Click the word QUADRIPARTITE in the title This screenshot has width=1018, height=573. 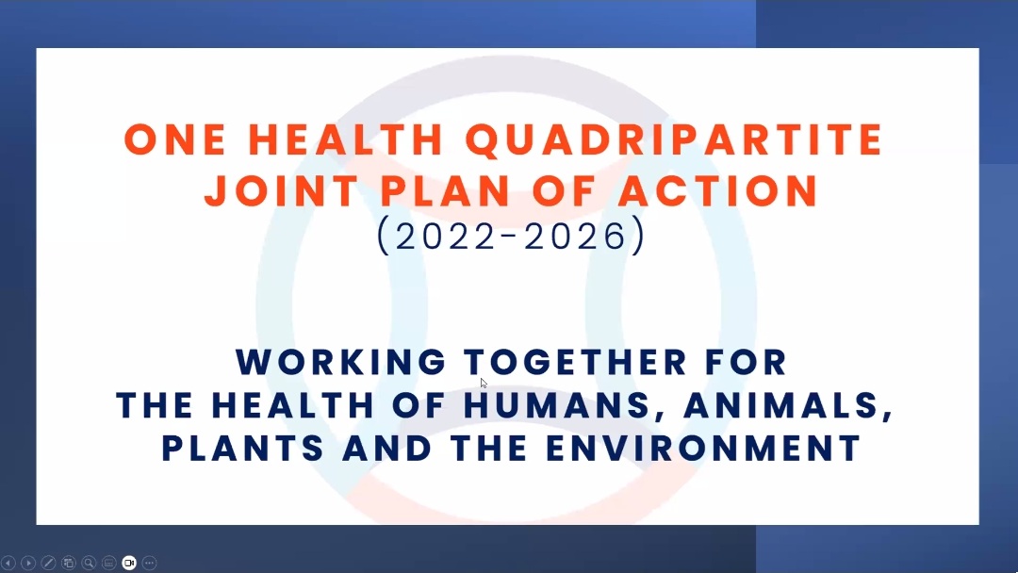(675, 140)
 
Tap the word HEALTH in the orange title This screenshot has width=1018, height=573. (346, 139)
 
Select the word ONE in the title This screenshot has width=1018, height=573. (175, 139)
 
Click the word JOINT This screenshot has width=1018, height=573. (282, 190)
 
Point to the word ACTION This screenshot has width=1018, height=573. (718, 190)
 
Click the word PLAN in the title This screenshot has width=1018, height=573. (445, 190)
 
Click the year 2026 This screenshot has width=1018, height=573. (575, 236)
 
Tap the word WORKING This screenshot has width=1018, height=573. (341, 362)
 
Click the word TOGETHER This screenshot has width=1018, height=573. (576, 362)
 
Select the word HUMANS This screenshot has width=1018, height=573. (556, 406)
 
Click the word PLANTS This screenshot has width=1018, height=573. (243, 449)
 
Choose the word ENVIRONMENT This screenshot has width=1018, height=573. (703, 449)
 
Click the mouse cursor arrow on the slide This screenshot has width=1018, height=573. (483, 383)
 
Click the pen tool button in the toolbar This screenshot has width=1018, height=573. (48, 563)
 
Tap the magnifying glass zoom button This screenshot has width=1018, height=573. (89, 563)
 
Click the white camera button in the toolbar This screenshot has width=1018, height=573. (129, 563)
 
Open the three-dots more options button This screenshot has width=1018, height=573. (149, 563)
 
